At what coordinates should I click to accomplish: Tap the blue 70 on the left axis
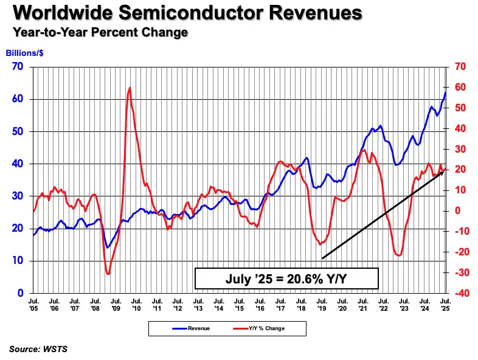18,67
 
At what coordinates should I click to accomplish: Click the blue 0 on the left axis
21,293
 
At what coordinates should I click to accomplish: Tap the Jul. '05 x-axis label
33,303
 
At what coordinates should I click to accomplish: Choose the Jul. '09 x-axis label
116,303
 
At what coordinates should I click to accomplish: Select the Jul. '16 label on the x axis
260,303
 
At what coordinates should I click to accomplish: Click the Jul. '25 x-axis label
446,303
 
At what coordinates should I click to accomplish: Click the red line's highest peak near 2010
130,88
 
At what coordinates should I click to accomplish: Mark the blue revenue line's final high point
446,92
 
